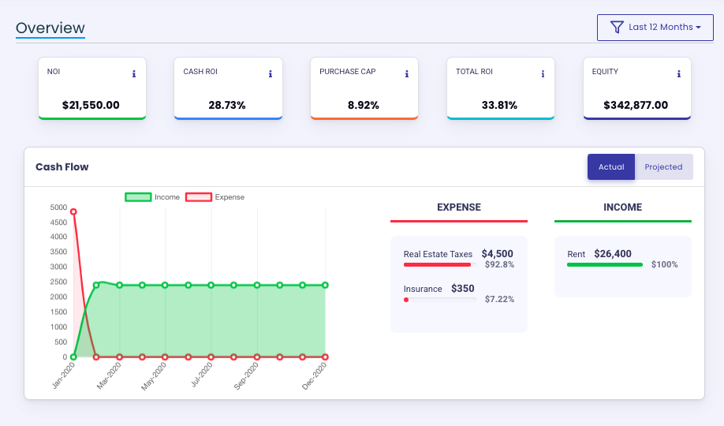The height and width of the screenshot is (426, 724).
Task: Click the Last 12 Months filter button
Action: click(655, 28)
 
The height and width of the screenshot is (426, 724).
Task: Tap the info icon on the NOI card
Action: click(134, 74)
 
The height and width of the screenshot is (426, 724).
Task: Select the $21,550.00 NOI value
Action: click(91, 105)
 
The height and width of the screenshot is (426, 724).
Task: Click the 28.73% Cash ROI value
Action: click(227, 105)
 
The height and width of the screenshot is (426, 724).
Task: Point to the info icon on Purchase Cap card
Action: click(407, 74)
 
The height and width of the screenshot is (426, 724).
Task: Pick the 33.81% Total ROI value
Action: click(499, 105)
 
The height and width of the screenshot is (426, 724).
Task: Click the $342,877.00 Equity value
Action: click(636, 105)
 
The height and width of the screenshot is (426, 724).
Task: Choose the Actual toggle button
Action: click(611, 167)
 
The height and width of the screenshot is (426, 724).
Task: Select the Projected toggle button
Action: click(663, 167)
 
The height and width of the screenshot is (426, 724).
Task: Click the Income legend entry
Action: click(152, 197)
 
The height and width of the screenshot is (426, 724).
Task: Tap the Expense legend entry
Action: click(215, 197)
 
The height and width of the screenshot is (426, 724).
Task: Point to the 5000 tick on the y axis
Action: click(59, 207)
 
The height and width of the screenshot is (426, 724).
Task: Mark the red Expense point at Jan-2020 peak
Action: click(73, 211)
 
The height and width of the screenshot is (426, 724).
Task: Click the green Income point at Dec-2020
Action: click(325, 286)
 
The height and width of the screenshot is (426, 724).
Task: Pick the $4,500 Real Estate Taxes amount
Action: click(497, 253)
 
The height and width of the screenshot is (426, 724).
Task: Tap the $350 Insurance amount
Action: click(463, 289)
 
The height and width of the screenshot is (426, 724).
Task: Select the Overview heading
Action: click(50, 28)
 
